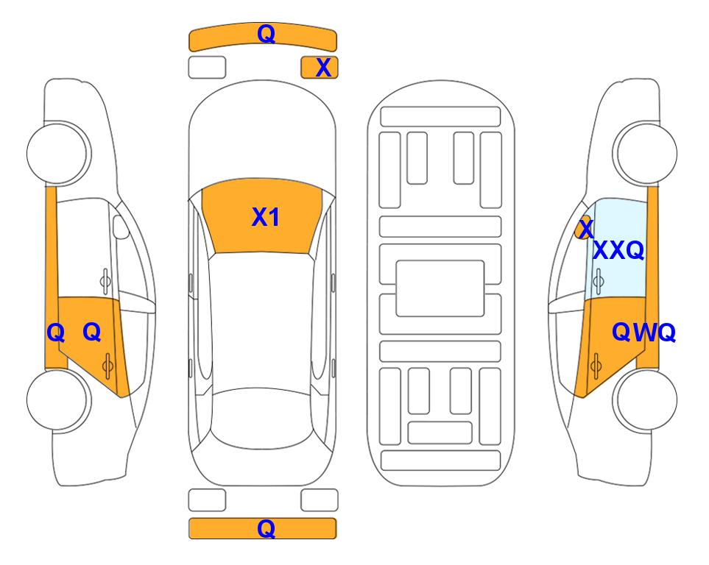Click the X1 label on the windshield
(266, 217)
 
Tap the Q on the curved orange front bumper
(267, 34)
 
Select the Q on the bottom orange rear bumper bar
(267, 528)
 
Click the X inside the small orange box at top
(323, 68)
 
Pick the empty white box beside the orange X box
(207, 68)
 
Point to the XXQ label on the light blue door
(618, 250)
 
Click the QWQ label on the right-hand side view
(643, 333)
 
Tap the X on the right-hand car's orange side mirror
(586, 228)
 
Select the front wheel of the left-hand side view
(59, 153)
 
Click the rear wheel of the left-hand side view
(59, 399)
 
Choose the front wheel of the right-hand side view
(645, 153)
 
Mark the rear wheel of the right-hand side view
(645, 399)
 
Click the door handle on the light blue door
(599, 281)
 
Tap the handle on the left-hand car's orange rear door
(107, 366)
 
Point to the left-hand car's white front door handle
(105, 281)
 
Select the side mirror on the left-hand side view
(121, 227)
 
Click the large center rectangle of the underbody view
(440, 288)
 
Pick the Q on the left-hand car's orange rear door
(92, 333)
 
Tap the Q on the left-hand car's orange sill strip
(56, 333)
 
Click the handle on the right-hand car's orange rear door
(596, 366)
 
